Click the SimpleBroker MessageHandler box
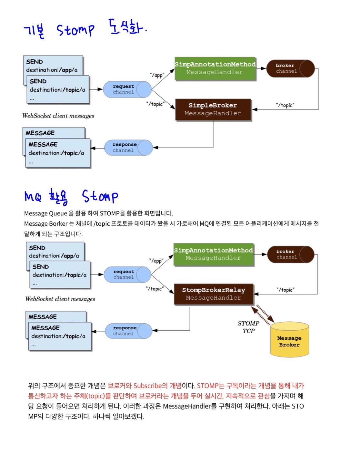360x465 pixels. click(213, 109)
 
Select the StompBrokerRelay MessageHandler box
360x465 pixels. click(214, 294)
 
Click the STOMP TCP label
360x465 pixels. click(248, 327)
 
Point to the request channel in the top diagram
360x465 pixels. click(127, 89)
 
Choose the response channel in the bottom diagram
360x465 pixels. click(128, 331)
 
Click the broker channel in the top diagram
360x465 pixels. click(290, 68)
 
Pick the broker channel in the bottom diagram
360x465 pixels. click(290, 254)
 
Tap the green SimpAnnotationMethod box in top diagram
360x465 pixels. click(215, 68)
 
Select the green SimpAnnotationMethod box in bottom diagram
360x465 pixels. click(214, 254)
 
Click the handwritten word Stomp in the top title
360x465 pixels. click(75, 30)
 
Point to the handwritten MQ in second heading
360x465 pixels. click(33, 196)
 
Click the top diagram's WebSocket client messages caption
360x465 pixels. click(58, 116)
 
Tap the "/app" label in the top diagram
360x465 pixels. click(157, 75)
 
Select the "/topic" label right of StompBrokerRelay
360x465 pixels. click(285, 290)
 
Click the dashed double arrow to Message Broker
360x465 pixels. click(263, 314)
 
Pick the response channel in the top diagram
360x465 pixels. click(128, 148)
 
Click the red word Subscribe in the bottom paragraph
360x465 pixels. click(147, 386)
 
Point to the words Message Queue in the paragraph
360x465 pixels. click(45, 213)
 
